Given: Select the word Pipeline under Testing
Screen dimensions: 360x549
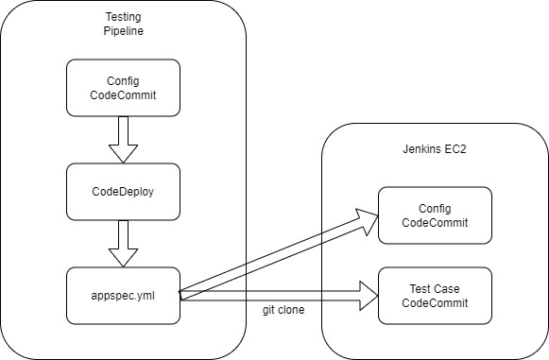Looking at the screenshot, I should (123, 32).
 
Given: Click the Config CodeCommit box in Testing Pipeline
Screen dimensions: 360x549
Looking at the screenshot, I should (123, 88).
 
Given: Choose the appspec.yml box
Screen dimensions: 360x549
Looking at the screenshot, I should (123, 295).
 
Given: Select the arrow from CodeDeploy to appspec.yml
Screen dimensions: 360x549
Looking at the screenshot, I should (123, 244).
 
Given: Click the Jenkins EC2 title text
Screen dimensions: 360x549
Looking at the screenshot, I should (435, 149).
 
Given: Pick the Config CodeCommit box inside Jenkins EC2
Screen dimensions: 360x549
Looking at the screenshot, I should (435, 215).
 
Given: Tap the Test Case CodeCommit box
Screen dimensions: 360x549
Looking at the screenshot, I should (435, 295).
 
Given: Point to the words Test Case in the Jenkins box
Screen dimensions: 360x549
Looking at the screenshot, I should (435, 287).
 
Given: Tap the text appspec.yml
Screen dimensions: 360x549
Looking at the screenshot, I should (123, 295).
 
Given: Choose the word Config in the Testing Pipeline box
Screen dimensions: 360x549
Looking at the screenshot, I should (123, 80).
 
